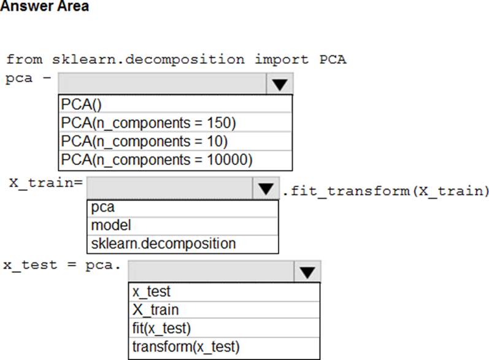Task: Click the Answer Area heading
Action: (x=45, y=6)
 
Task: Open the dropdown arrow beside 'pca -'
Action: (x=280, y=84)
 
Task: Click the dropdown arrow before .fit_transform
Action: (x=266, y=188)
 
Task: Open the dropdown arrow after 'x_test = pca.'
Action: (x=307, y=272)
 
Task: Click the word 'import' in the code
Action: (x=282, y=59)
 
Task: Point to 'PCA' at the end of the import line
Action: (x=333, y=59)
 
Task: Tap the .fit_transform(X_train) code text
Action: (x=385, y=191)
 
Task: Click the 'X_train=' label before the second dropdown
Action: (x=46, y=183)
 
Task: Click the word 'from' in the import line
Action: (x=25, y=59)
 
